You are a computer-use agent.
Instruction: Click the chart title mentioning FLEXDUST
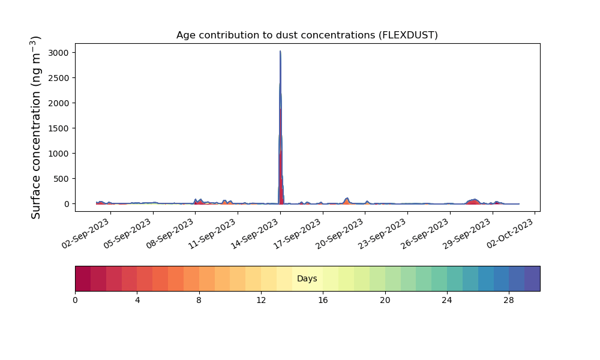pos(307,35)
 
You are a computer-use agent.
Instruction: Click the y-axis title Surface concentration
pos(35,128)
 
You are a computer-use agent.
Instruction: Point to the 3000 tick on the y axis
pos(59,53)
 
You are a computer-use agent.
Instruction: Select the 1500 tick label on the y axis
pos(59,128)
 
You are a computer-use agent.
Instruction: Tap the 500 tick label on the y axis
pos(61,179)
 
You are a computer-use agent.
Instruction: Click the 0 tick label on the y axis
pos(67,204)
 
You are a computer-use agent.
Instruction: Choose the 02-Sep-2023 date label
pos(85,234)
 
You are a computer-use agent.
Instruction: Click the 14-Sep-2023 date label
pos(254,234)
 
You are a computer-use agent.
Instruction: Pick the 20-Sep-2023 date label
pos(340,234)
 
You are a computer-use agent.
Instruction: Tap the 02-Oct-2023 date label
pos(510,234)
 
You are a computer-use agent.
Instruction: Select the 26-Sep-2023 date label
pos(424,234)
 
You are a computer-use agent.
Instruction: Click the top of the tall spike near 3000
pos(280,51)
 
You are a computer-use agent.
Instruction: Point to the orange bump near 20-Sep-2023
pos(347,201)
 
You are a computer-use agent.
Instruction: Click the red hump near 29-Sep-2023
pos(474,202)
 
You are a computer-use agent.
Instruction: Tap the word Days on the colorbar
pos(307,278)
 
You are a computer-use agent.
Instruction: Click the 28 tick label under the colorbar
pos(509,301)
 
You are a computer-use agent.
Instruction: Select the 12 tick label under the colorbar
pos(261,301)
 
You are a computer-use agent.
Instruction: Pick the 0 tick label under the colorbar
pos(76,301)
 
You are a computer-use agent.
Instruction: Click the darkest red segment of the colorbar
pos(83,278)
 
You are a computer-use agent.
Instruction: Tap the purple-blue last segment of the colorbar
pos(532,278)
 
